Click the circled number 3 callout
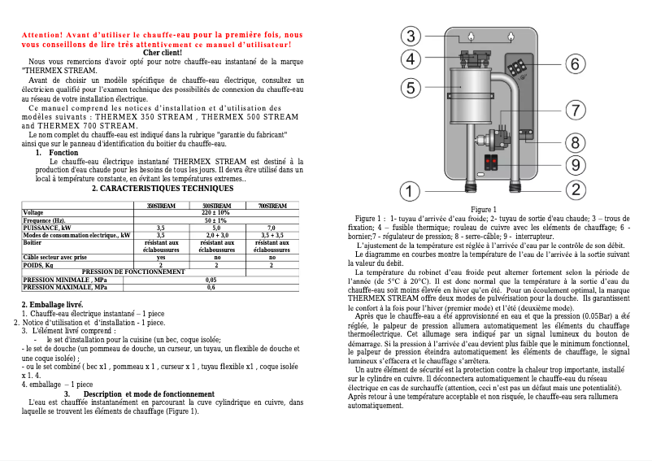[x=412, y=36]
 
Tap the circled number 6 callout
[x=573, y=63]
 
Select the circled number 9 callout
[x=574, y=165]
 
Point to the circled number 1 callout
[x=412, y=191]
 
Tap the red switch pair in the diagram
[x=491, y=162]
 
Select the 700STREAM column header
[x=272, y=206]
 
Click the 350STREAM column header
[x=160, y=206]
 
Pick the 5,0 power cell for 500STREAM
[x=216, y=228]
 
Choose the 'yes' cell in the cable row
[x=160, y=257]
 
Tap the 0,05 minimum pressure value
[x=211, y=279]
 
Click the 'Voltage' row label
[x=33, y=213]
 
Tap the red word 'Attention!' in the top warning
[x=41, y=36]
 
